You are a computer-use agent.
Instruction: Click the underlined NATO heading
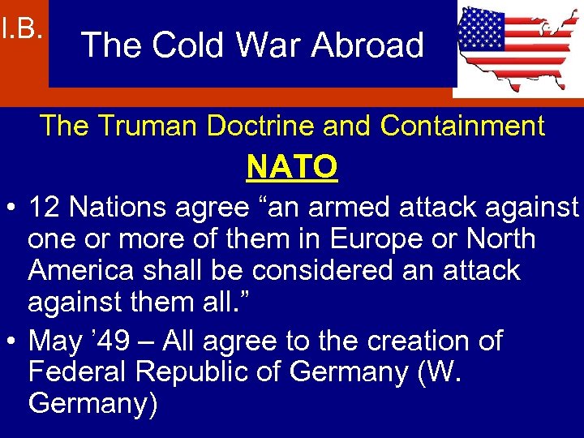[292, 167]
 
